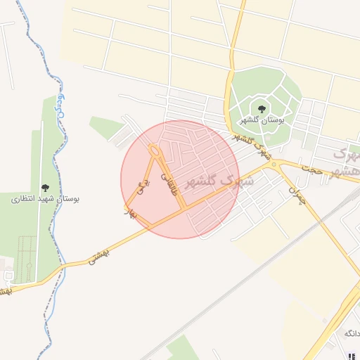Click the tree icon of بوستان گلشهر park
coord(262,109)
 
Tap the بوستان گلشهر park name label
coord(262,121)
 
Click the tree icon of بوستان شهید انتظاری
coord(46,188)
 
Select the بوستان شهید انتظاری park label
coord(46,199)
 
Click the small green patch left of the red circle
coord(106,128)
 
